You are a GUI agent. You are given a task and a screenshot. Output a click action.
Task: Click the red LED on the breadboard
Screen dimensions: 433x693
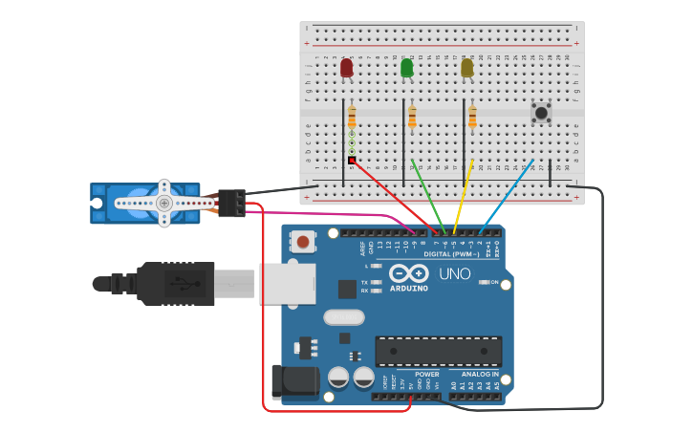[x=346, y=68]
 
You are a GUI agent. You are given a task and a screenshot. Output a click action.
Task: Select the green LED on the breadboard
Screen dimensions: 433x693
[x=407, y=68]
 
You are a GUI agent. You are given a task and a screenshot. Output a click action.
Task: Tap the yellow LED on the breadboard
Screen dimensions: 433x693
[x=466, y=68]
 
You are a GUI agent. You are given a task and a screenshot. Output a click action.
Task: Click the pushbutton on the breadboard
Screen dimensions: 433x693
[x=542, y=113]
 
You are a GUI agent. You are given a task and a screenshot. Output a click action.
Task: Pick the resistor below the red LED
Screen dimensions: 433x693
[x=352, y=117]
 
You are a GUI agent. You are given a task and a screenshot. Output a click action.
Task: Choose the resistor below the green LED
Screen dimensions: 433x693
[x=412, y=118]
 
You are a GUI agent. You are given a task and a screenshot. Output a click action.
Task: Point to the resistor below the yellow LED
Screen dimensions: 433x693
[x=472, y=117]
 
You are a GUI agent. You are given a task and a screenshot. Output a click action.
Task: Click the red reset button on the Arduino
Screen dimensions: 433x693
[x=303, y=242]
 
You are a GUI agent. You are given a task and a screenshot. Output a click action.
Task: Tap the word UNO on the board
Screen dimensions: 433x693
[x=455, y=274]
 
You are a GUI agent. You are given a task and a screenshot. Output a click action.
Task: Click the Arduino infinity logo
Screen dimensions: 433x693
[x=408, y=273]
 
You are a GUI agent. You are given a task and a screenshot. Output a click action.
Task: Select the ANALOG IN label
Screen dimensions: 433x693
[x=481, y=374]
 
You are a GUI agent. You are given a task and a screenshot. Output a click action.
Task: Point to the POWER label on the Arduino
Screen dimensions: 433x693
[x=427, y=374]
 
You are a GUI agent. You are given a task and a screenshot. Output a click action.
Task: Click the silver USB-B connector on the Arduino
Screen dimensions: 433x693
[x=288, y=284]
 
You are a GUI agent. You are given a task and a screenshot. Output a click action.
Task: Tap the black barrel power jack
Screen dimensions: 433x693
[x=293, y=381]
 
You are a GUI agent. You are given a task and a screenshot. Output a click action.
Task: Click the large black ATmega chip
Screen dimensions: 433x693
[x=438, y=351]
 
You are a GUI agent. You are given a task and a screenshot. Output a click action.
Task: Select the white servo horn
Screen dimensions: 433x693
[x=164, y=203]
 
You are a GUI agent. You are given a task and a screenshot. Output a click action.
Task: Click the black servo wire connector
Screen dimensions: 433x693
[x=231, y=203]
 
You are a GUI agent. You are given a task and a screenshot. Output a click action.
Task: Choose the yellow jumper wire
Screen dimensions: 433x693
[x=464, y=197]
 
